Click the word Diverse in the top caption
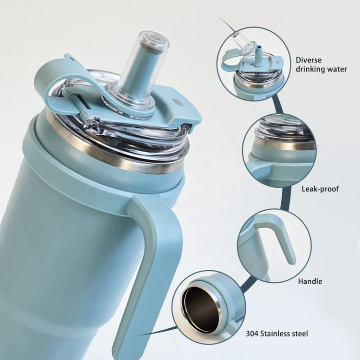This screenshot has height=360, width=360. pos(309,60)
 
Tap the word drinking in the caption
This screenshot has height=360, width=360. pos(310,69)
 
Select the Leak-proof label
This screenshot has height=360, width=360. pos(320,189)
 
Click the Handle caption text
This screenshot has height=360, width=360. pos(310,281)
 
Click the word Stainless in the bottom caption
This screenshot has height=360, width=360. pos(275,334)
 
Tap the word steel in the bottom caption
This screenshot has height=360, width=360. pos(300,334)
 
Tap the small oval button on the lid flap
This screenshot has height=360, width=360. pos(178,102)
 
